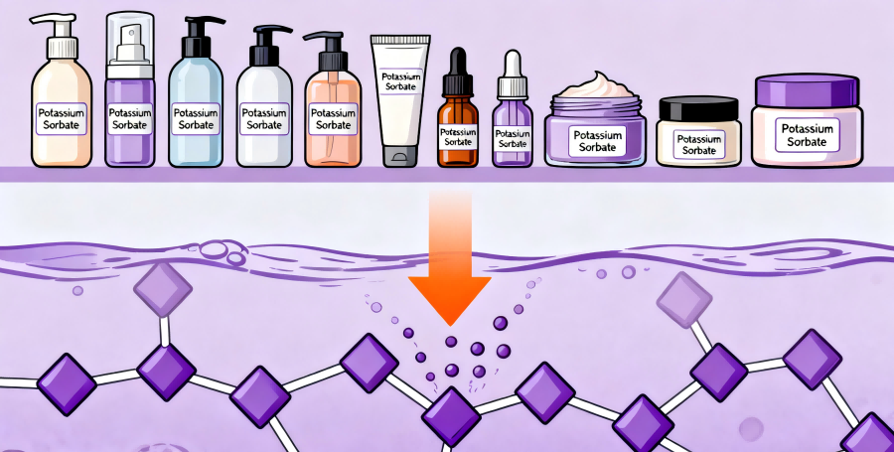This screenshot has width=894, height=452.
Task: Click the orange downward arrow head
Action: [x=449, y=299]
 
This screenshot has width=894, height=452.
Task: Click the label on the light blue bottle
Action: [x=196, y=119]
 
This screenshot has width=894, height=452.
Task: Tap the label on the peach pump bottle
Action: [x=333, y=118]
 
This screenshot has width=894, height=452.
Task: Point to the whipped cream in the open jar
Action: [x=595, y=85]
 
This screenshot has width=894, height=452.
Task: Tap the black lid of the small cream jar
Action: [x=698, y=108]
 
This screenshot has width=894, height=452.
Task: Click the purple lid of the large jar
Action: [x=807, y=90]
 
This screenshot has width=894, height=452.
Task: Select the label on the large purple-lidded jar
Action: [x=807, y=135]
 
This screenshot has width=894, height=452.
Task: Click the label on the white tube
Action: [x=400, y=80]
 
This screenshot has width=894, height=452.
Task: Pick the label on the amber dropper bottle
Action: [x=458, y=137]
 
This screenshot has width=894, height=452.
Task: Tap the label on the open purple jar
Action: [x=595, y=141]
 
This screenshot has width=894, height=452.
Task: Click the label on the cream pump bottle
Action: [x=61, y=118]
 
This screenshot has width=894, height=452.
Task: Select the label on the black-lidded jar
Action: [x=698, y=145]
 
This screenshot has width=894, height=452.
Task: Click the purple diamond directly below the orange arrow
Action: [x=451, y=416]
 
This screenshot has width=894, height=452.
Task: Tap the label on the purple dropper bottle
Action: [x=513, y=138]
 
